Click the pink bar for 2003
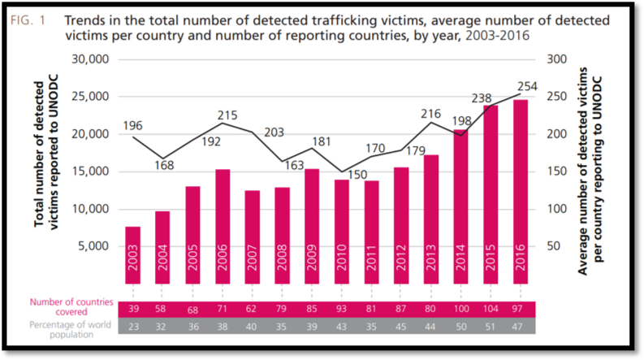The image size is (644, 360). [x=132, y=255]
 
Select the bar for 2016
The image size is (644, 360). [x=521, y=192]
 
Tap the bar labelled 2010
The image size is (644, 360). [x=342, y=232]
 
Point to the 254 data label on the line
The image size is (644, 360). [x=527, y=86]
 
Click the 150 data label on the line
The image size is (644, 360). [x=357, y=175]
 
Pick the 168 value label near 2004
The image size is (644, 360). [x=164, y=165]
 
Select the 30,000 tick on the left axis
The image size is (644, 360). [x=90, y=59]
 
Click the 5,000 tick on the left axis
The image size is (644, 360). [x=93, y=245]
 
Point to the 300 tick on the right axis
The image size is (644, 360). [x=556, y=59]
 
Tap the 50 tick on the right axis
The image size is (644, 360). [x=553, y=245]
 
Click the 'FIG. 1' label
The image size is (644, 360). [x=28, y=20]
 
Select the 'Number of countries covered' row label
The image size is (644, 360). [x=71, y=307]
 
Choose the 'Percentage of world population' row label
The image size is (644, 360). [x=70, y=330]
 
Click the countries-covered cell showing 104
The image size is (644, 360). [x=491, y=309]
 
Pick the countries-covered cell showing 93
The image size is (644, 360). [x=341, y=309]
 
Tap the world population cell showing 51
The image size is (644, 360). [x=490, y=327]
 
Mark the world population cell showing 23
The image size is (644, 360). [x=133, y=327]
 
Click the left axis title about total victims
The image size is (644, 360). [x=45, y=152]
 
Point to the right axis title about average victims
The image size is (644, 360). [x=590, y=171]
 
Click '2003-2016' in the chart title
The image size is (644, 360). [x=497, y=36]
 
